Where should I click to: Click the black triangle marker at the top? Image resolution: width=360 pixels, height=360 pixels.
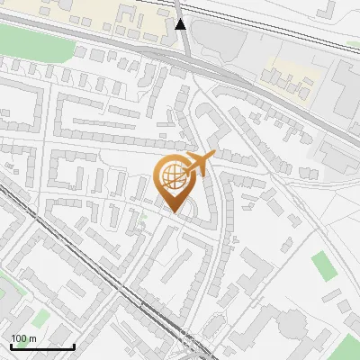coord(183,24)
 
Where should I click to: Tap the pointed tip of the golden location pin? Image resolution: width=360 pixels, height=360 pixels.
coord(174,211)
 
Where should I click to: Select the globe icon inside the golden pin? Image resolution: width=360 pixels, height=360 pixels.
coord(172,177)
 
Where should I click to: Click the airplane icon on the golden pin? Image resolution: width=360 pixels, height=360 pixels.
coord(198,165)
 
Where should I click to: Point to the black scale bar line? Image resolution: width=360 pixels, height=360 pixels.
coord(42,346)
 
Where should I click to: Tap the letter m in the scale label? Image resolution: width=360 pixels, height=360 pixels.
coord(32,338)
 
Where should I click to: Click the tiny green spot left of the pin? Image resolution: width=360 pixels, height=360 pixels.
coord(142,216)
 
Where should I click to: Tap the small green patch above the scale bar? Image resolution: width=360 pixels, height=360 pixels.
coord(40,317)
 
